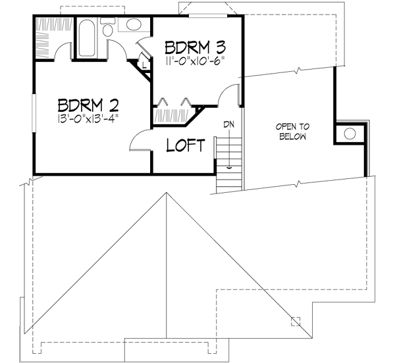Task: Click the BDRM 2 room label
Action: coord(87,105)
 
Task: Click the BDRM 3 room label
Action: coord(196,48)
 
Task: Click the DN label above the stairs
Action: coord(228,124)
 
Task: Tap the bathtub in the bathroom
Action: coord(86,39)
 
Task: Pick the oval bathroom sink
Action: coord(134,26)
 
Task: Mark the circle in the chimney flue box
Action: coord(350,133)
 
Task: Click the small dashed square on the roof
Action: coord(296,321)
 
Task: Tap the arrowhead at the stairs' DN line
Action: coord(228,168)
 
